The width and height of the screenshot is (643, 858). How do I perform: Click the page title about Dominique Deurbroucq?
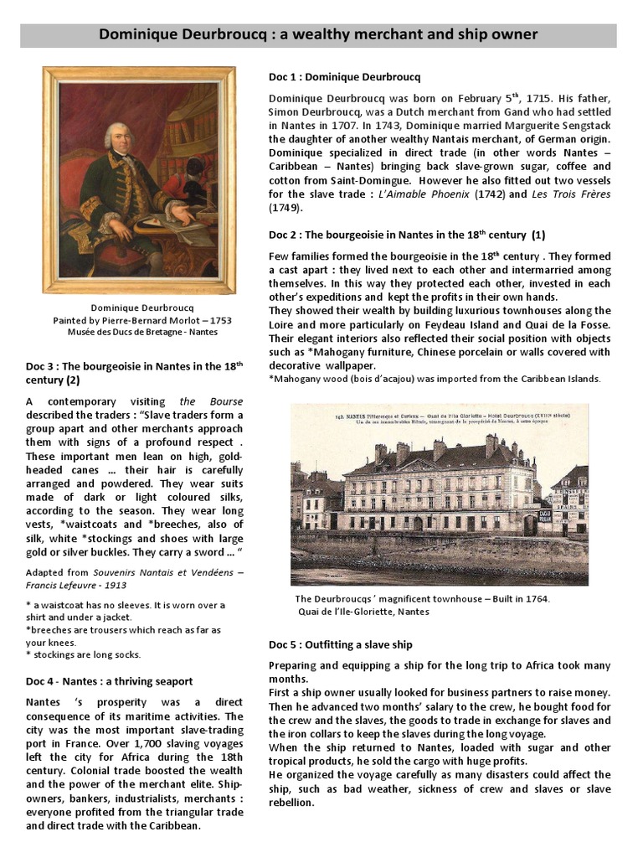pos(318,34)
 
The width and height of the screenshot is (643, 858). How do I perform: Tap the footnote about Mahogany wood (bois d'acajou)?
pos(435,379)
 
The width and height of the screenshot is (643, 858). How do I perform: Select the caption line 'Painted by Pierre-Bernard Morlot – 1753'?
pos(142,320)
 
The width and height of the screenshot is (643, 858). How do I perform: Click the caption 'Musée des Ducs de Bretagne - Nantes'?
pos(142,332)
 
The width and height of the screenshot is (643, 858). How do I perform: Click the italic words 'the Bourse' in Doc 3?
pos(199,401)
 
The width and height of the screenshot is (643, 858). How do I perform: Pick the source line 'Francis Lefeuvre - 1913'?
pos(75,587)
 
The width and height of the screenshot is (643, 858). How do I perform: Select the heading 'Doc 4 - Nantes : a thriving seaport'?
pos(110,681)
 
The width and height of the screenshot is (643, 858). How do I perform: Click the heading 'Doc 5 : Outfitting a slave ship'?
pos(340,644)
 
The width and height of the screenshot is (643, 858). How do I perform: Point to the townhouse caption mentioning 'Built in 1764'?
pos(423,599)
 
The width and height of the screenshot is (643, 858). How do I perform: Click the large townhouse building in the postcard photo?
pos(440,490)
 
